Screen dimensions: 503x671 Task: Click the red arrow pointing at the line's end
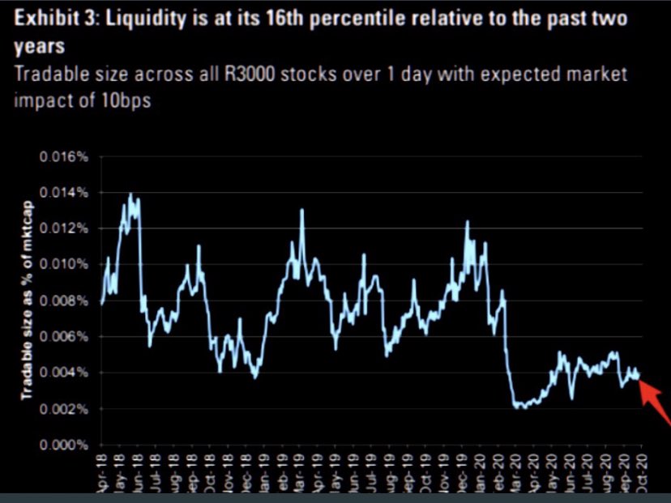[x=656, y=402]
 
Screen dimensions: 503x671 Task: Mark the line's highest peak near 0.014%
[x=130, y=195]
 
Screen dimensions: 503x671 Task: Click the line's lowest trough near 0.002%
[x=519, y=407]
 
